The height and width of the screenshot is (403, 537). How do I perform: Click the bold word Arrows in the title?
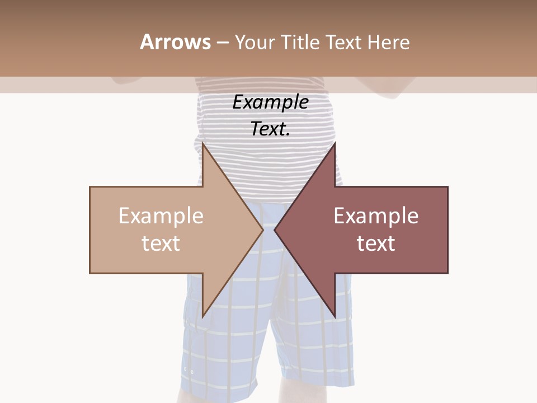coord(175,42)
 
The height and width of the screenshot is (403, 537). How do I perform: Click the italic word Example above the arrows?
coord(270,102)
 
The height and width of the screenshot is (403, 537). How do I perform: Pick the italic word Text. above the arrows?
coord(270,129)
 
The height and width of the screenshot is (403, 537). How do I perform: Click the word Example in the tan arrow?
coord(161,216)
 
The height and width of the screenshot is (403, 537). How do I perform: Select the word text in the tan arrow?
coord(161,243)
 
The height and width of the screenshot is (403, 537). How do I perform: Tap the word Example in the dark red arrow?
coord(376,216)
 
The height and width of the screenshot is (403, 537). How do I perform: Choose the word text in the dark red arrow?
coord(376,243)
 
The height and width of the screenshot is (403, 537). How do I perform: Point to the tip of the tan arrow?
coord(262,229)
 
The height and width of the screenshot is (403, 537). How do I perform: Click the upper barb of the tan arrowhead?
coord(204,147)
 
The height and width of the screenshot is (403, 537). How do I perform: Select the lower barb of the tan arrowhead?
coord(204,314)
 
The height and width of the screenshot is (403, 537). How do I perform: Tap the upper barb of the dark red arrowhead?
coord(334,147)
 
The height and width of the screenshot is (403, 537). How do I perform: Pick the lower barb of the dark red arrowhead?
coord(334,314)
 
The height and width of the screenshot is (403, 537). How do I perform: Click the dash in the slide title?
coord(222,43)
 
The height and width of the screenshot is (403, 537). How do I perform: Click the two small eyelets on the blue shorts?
coord(189,371)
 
